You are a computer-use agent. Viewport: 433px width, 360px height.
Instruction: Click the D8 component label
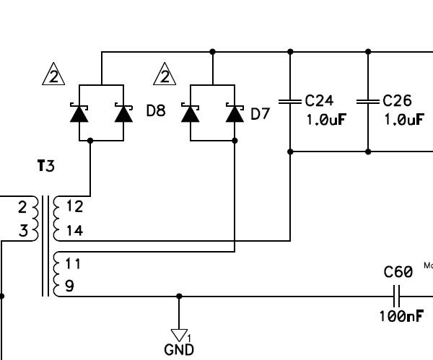point(156,111)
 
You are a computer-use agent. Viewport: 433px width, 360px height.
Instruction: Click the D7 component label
point(260,113)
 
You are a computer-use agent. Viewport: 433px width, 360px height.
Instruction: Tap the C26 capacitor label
point(398,100)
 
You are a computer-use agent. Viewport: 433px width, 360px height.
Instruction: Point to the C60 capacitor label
point(398,273)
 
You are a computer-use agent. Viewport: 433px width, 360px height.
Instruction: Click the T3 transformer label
point(45,167)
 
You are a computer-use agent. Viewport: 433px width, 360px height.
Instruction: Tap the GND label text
point(179,350)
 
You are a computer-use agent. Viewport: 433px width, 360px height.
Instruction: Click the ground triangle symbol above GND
point(179,335)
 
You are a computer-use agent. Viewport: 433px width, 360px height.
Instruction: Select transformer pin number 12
point(74,206)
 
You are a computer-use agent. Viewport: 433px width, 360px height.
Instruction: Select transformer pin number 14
point(74,231)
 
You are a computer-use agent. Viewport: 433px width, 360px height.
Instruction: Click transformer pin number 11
point(73,263)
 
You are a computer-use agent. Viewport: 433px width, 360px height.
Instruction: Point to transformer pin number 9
point(69,286)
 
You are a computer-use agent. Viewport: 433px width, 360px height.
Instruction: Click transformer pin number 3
point(23,231)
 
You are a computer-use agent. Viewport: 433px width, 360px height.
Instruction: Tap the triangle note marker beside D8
point(53,75)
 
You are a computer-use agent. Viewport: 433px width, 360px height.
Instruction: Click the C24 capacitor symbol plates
point(290,102)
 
